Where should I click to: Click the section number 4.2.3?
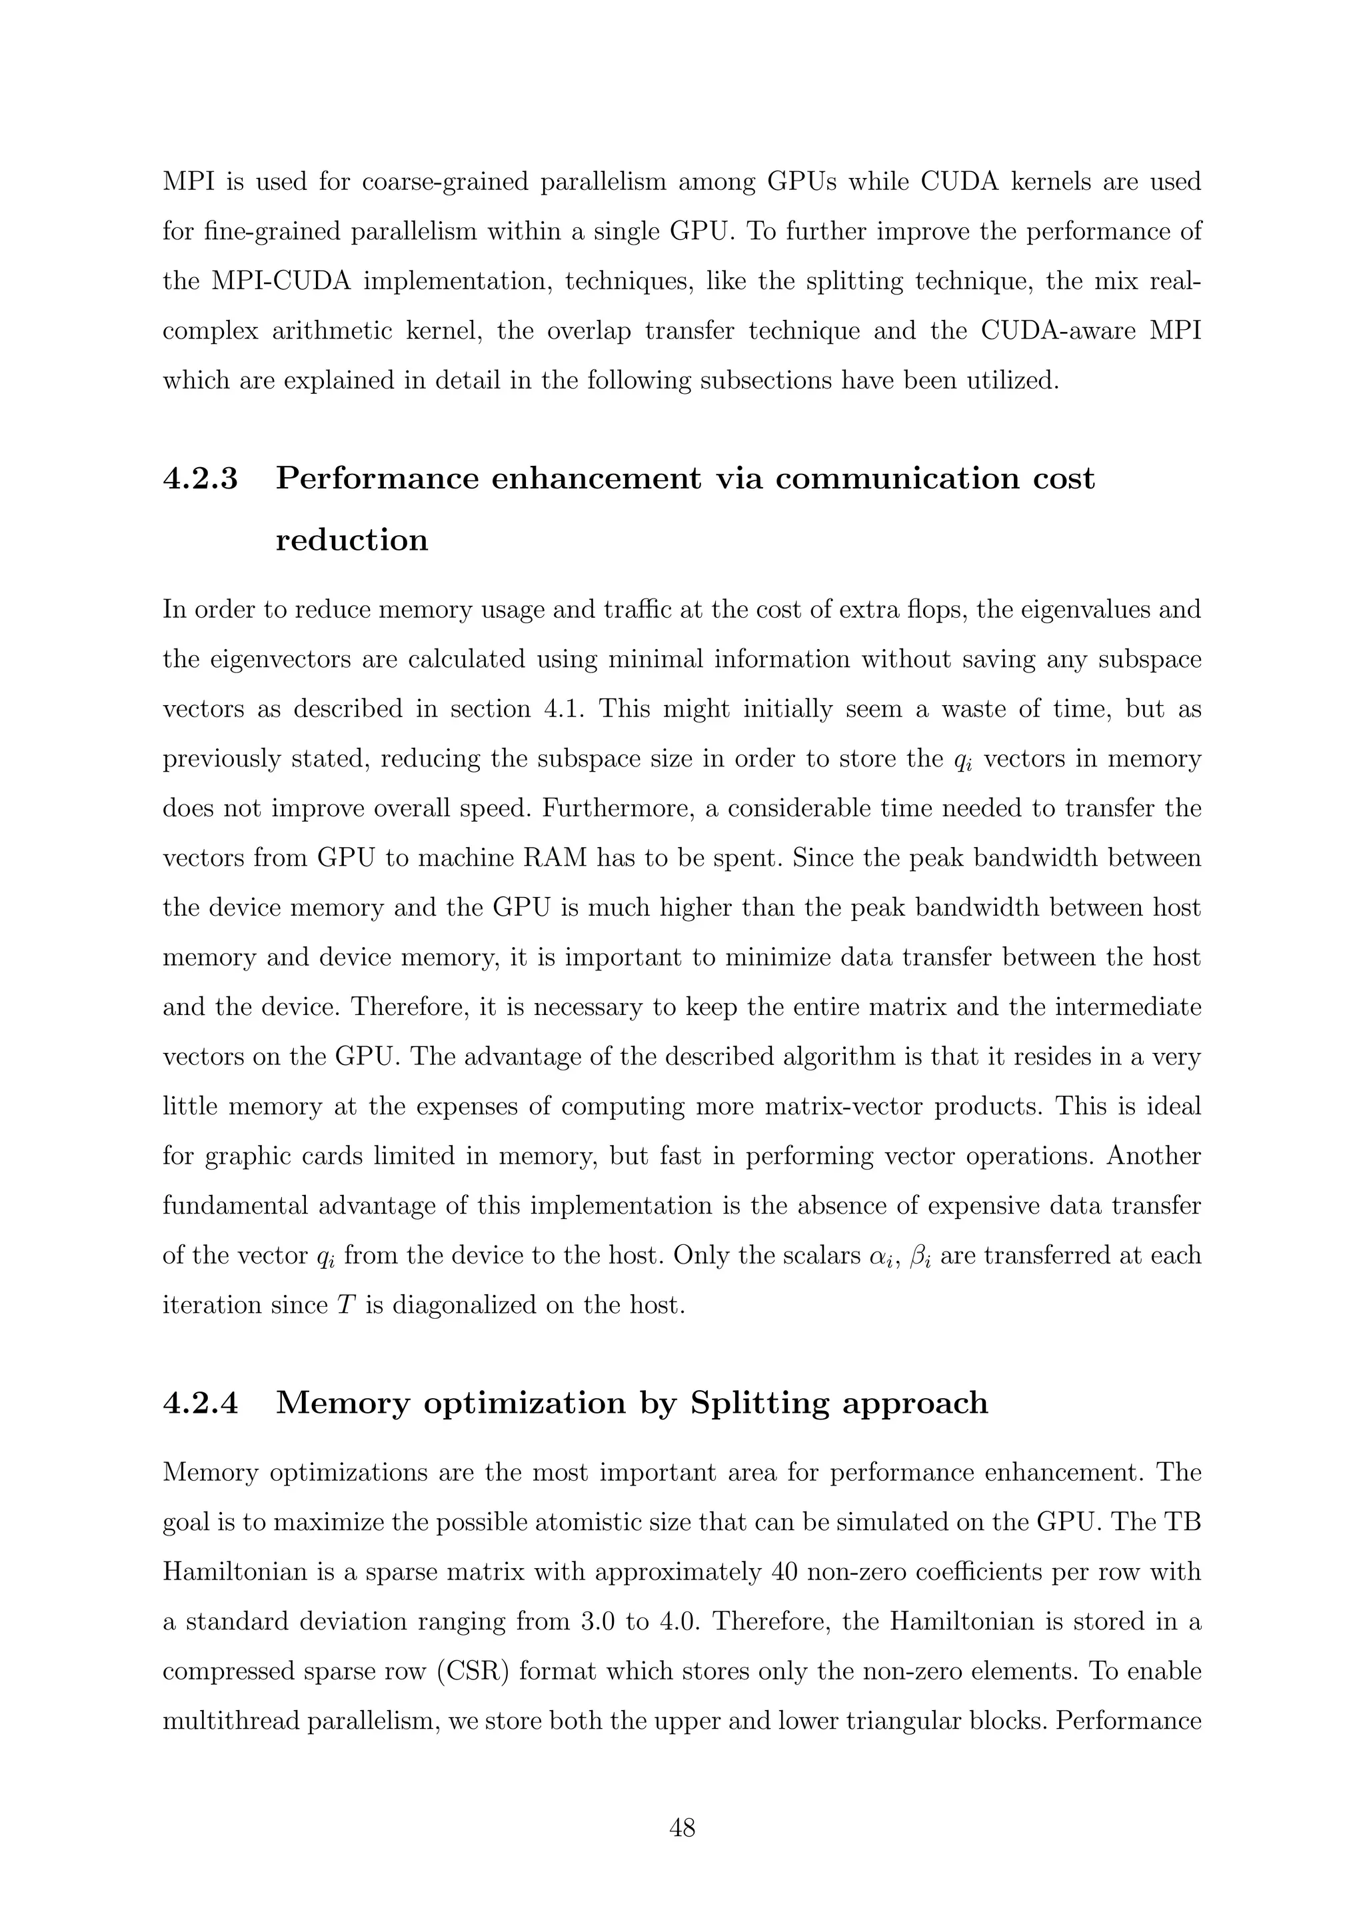200,479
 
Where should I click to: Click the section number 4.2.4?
200,1403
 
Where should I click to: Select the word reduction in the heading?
351,539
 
